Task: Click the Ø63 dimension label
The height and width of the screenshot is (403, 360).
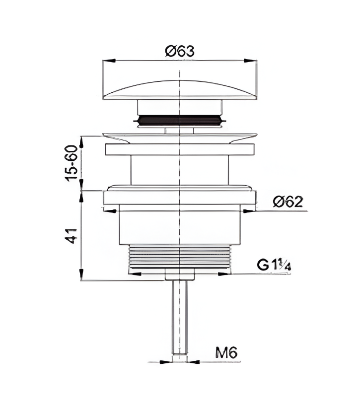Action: click(x=180, y=51)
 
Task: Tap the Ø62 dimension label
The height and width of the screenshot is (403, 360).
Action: click(x=288, y=201)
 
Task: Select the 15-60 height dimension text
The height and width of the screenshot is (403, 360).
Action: click(x=71, y=163)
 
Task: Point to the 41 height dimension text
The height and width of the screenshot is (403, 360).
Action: click(x=71, y=236)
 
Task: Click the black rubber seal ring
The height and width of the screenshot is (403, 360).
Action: click(x=180, y=120)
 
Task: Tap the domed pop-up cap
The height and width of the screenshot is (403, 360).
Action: click(x=180, y=90)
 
